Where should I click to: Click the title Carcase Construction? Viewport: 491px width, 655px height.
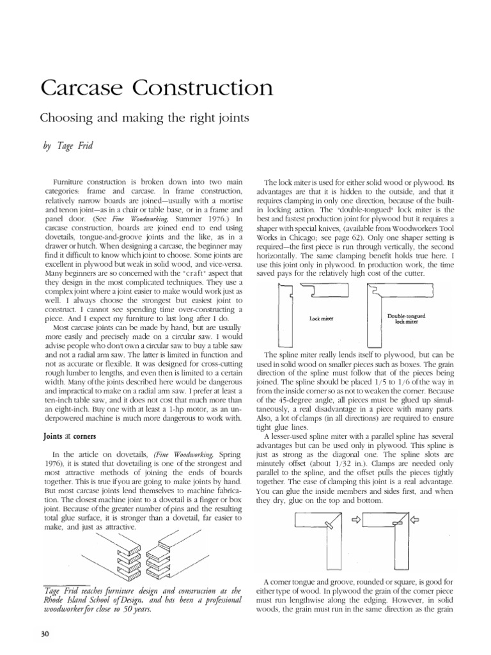(157, 88)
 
